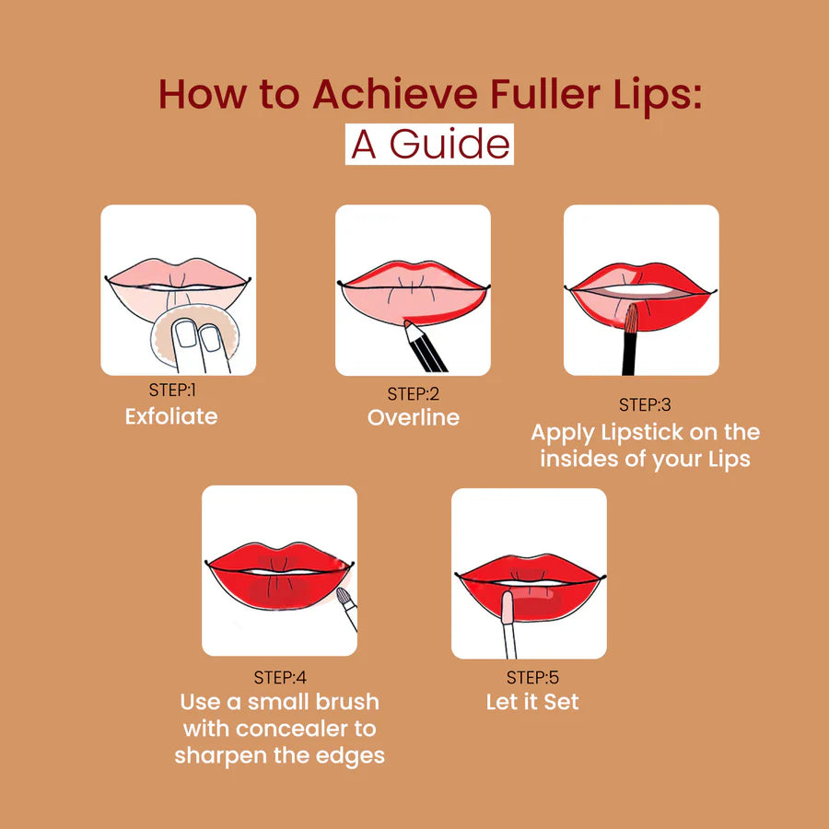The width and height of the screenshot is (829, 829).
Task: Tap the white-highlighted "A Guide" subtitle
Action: (429, 145)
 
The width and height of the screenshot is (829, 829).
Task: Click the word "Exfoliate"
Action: (171, 416)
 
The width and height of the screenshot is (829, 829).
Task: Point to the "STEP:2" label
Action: (414, 394)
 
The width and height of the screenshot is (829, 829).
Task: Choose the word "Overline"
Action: (414, 417)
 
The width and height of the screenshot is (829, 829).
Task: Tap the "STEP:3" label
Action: (645, 404)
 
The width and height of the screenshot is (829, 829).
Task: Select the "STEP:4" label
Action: (280, 679)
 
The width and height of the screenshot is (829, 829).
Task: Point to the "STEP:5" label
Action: (532, 678)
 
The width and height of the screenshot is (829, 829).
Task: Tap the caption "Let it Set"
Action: (532, 702)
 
